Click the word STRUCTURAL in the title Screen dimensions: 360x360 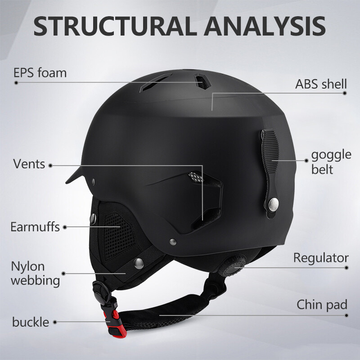coord(115,26)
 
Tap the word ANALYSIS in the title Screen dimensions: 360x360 coord(265,26)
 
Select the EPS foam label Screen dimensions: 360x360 coord(40,72)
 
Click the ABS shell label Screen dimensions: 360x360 coord(321,84)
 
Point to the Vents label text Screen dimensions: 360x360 coord(29,164)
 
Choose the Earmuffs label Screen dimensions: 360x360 coord(35,227)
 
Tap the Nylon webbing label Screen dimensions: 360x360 coord(36,274)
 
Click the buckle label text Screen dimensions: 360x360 coord(31,322)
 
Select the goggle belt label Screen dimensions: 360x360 coord(331,162)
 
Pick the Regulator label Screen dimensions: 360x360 coord(321,258)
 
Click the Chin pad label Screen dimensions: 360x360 coord(322,305)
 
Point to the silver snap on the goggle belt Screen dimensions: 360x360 coord(274,204)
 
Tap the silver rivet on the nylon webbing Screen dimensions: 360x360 coord(139,263)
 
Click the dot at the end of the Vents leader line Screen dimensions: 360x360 coord(50,166)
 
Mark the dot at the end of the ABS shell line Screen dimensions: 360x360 coord(344,93)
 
